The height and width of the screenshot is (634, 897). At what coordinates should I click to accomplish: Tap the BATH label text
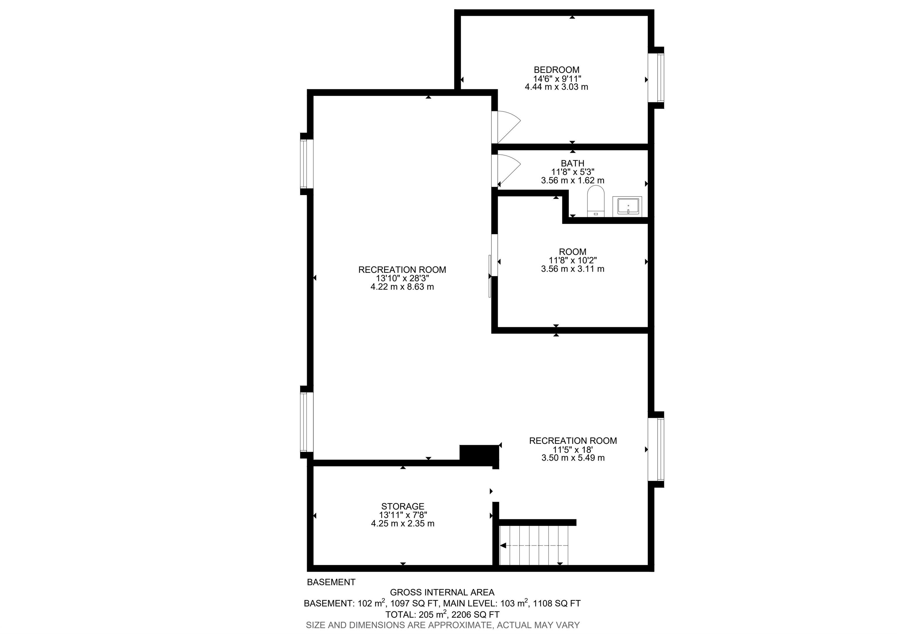pos(573,163)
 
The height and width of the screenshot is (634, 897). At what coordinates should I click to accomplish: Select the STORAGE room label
pos(403,507)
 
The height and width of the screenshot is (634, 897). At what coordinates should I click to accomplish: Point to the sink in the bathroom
pos(627,206)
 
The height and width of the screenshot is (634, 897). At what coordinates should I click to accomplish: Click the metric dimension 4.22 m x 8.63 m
pos(402,287)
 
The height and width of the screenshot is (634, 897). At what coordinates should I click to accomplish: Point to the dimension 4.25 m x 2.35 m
pos(403,523)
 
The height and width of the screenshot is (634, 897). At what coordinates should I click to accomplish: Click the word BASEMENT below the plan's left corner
pos(331,582)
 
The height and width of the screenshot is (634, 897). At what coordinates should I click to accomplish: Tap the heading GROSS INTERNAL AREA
pos(442,593)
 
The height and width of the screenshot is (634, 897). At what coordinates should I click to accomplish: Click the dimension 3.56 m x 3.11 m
pos(573,269)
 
